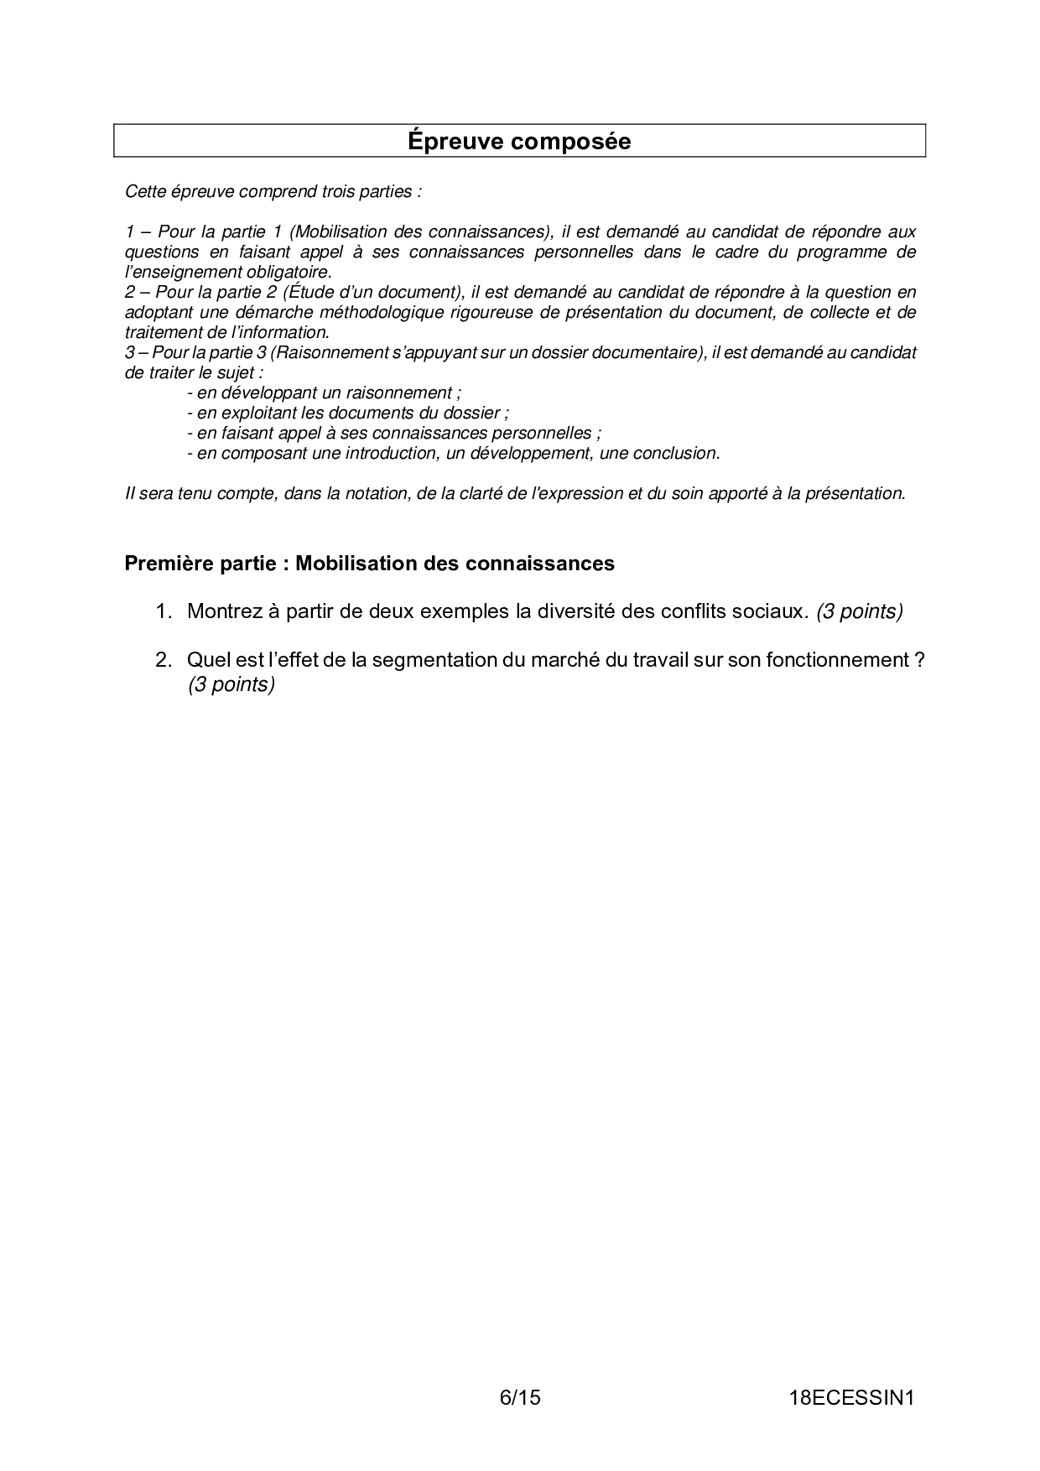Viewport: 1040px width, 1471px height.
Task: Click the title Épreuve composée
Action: [x=519, y=141]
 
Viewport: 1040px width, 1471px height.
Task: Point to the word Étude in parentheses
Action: [x=311, y=292]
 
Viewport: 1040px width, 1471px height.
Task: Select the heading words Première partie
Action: [x=200, y=564]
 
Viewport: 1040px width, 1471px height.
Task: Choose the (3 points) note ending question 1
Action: [x=860, y=611]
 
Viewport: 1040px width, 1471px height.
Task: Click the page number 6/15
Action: [x=520, y=1397]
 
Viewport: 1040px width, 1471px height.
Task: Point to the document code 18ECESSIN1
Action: [x=850, y=1397]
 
